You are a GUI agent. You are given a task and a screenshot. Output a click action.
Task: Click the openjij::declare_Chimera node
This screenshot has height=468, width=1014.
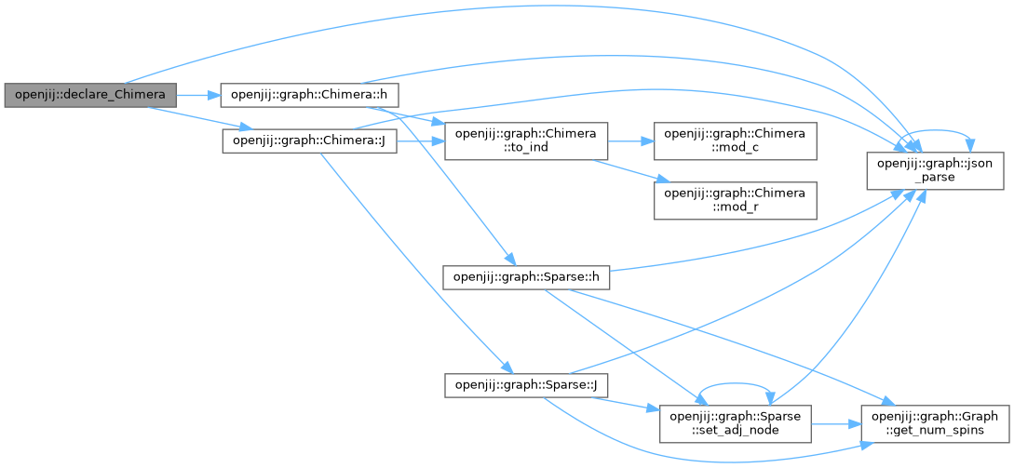[90, 95]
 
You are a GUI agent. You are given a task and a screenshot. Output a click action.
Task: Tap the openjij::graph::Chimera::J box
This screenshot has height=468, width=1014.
[309, 141]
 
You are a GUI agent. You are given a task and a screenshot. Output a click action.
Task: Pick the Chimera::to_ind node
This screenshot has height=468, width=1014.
[526, 140]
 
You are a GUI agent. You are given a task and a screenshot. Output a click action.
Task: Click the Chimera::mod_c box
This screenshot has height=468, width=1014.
[735, 140]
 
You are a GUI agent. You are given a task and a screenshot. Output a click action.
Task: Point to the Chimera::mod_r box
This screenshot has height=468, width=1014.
[735, 200]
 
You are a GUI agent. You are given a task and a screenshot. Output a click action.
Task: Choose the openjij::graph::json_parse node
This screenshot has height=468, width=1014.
[923, 169]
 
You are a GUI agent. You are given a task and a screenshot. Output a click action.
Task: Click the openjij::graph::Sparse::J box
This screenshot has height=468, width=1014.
[525, 385]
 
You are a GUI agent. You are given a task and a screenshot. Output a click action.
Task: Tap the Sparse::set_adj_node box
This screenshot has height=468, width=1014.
[736, 423]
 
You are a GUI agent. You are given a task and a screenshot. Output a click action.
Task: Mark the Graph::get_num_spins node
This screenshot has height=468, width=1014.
[936, 423]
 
